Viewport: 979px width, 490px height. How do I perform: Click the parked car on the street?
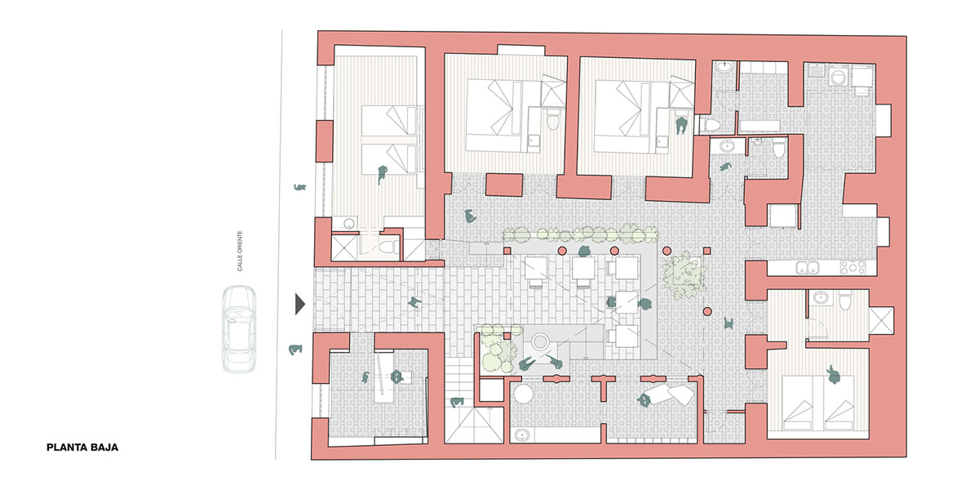click(238, 328)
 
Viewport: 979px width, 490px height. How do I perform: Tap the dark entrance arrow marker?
click(299, 305)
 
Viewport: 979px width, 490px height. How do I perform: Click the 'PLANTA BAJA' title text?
click(82, 448)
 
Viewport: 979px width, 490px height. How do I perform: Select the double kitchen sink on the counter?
click(808, 266)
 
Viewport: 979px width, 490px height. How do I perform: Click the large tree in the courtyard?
click(682, 274)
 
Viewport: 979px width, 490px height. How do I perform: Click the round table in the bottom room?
click(523, 394)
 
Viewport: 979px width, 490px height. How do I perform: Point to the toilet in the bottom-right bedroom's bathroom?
click(846, 301)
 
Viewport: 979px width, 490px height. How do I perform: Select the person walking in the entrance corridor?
click(416, 303)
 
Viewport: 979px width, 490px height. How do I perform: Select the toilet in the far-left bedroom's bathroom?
click(389, 245)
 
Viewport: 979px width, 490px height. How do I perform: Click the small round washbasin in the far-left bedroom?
click(349, 223)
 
